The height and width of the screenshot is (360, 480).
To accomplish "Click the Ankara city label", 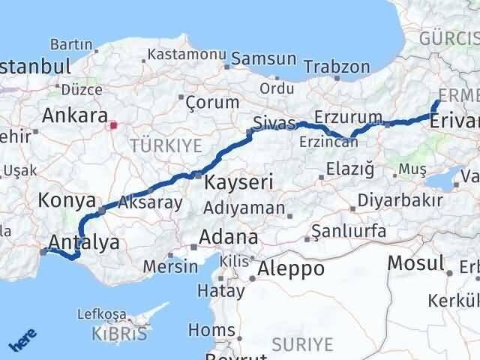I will coord(74,116).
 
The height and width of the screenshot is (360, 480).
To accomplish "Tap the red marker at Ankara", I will coord(112,125).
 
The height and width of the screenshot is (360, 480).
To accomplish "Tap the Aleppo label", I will coord(291,268).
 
